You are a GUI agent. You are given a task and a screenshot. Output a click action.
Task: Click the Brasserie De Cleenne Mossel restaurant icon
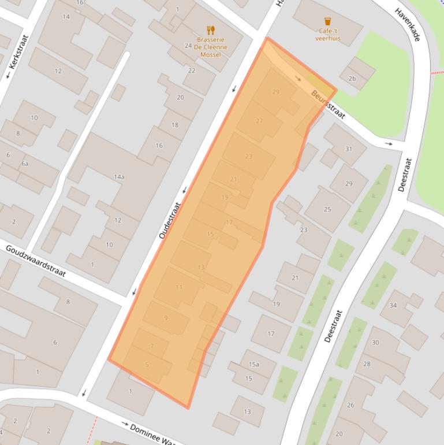[211, 30]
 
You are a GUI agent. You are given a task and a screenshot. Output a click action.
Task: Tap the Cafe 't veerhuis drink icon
[328, 22]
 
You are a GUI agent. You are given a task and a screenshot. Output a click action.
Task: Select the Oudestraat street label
[170, 220]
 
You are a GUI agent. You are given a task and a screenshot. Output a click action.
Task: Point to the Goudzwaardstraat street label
[36, 261]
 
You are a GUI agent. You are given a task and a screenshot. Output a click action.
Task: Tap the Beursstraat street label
[328, 104]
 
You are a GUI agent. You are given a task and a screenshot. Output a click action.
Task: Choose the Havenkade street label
[407, 24]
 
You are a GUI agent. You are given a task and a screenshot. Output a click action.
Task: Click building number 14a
[119, 177]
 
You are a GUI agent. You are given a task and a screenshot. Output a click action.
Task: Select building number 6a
[25, 164]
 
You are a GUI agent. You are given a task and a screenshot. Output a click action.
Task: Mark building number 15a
[253, 364]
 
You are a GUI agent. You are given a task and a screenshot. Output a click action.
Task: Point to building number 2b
[352, 79]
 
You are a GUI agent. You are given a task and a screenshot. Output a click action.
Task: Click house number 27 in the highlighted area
[259, 121]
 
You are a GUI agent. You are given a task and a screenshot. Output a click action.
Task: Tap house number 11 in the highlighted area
[179, 287]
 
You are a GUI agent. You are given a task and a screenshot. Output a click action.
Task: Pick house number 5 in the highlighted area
[147, 365]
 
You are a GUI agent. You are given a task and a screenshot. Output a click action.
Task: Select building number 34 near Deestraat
[393, 306]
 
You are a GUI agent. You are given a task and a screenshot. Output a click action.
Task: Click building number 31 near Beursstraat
[349, 149]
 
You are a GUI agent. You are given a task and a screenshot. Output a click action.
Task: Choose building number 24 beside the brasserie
[188, 46]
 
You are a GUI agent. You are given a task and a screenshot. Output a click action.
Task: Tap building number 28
[367, 364]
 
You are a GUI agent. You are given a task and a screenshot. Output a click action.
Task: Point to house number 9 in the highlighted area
[166, 318]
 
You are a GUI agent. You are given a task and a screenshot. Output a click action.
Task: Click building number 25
[327, 209]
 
